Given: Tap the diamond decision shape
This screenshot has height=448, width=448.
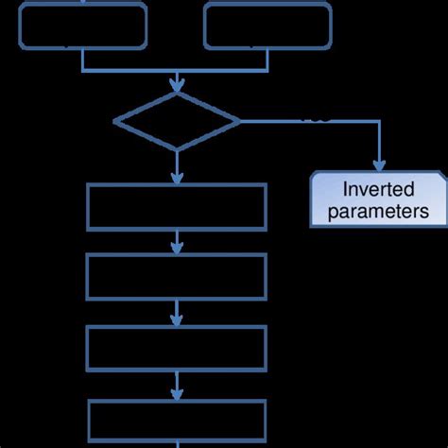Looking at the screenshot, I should tap(177, 121).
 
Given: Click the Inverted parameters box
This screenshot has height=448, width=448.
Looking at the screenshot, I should tap(378, 198).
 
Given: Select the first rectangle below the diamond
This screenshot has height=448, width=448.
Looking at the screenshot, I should tap(177, 207).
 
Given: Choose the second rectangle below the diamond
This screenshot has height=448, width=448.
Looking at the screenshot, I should tap(177, 277).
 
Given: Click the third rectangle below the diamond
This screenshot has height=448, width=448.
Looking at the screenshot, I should tap(177, 348).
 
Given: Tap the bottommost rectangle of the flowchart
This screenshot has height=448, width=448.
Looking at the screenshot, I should tap(177, 422).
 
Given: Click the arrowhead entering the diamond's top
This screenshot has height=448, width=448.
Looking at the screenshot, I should tap(177, 87).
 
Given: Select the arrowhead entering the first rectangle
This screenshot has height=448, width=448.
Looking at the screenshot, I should tap(177, 178).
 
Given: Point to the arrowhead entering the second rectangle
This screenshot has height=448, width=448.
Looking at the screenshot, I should tap(177, 249).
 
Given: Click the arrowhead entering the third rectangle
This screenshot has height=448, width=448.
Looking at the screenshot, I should tap(177, 319).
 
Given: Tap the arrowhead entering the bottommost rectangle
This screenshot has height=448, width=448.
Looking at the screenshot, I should tap(177, 393).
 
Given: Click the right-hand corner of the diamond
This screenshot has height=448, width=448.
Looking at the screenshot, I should tap(240, 121).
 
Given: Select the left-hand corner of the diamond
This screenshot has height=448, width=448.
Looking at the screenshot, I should tap(114, 121).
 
